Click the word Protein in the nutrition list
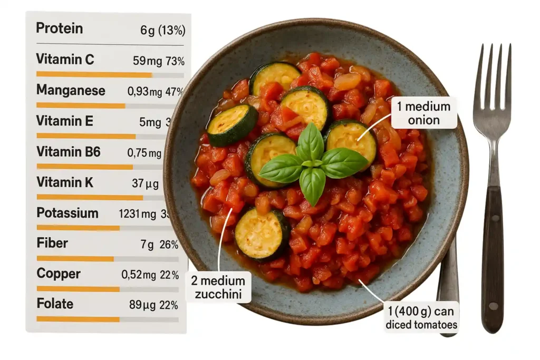click(59, 28)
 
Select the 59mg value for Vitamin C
click(146, 61)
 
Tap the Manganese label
click(70, 90)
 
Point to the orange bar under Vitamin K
click(90, 197)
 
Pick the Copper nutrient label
click(58, 274)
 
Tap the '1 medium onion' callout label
click(423, 113)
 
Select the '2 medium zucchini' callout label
click(218, 287)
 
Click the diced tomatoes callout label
click(421, 317)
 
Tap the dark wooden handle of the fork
click(493, 258)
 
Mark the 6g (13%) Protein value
click(162, 31)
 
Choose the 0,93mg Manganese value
click(144, 92)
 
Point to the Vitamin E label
click(64, 121)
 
